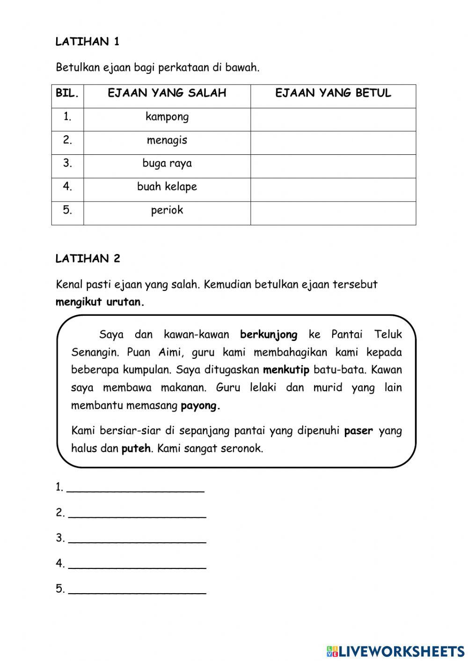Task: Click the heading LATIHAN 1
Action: pos(88,42)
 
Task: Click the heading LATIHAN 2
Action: pos(88,258)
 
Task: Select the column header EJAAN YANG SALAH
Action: pos(167,93)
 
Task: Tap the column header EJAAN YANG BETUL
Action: pos(333,93)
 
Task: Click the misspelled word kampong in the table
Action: pos(167,116)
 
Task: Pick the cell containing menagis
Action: pos(167,140)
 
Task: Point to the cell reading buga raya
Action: pos(167,163)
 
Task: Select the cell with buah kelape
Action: pos(167,187)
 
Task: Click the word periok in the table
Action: pos(167,210)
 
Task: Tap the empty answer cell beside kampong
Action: pos(333,119)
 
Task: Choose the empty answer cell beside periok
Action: pos(333,213)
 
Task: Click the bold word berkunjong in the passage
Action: pos(269,334)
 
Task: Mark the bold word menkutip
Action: pos(286,370)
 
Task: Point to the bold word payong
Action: pos(200,406)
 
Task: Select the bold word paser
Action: pos(358,431)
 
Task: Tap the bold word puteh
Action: pos(136,449)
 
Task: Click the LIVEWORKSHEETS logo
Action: pos(395,651)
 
